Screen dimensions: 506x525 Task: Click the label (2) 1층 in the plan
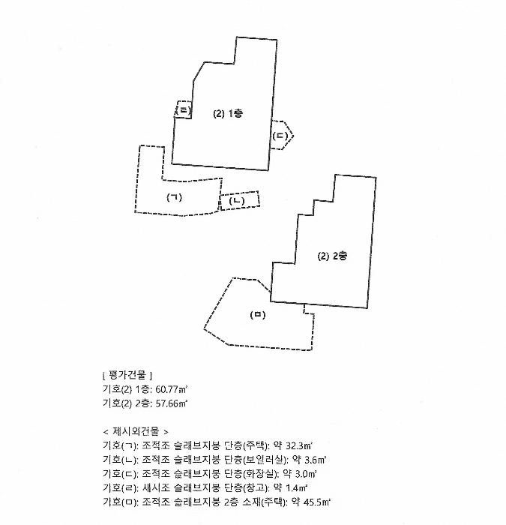click(x=228, y=113)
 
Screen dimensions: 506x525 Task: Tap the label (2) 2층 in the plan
click(x=332, y=256)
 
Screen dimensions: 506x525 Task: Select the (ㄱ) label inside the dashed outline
click(x=175, y=197)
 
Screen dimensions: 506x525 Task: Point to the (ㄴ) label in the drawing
click(x=237, y=201)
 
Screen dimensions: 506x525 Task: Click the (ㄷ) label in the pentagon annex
click(x=280, y=136)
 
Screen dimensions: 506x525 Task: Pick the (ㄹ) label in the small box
click(x=184, y=109)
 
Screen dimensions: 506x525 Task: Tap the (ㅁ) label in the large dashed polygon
click(x=258, y=315)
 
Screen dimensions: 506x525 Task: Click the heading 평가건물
click(x=128, y=375)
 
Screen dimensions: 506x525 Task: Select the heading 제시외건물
click(x=136, y=431)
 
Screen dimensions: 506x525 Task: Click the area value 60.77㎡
click(x=172, y=389)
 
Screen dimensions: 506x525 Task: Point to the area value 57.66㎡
click(x=172, y=403)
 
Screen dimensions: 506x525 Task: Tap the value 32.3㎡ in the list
click(x=299, y=445)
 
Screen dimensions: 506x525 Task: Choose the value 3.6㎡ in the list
click(x=316, y=460)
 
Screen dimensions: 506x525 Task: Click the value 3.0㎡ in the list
click(x=306, y=474)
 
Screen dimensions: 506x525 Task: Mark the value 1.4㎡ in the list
click(x=297, y=487)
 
